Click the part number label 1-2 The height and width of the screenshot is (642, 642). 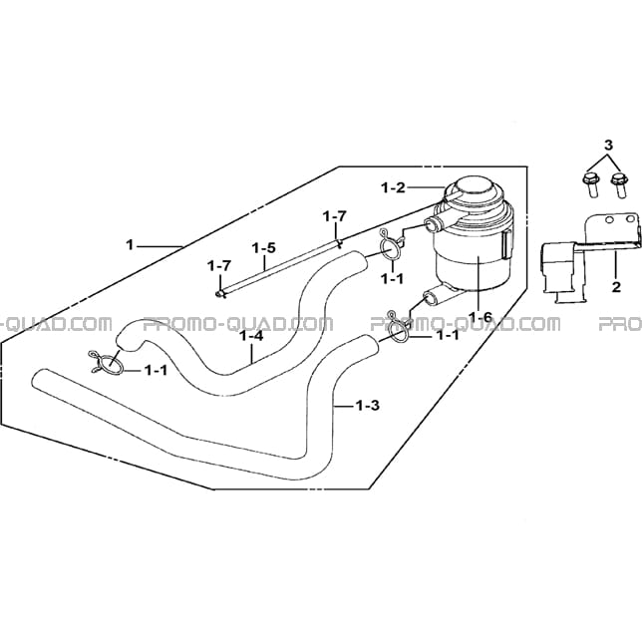393,188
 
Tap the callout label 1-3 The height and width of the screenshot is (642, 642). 367,406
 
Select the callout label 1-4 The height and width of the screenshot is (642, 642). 251,337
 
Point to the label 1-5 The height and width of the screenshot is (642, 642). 263,248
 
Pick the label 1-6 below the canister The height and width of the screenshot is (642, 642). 481,316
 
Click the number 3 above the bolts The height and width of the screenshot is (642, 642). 609,145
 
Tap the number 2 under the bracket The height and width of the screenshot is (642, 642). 616,287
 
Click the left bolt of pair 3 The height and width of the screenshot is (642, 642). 589,185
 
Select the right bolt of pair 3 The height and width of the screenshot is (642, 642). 619,186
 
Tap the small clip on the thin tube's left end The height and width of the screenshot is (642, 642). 220,293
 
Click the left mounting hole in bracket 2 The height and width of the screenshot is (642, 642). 609,220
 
